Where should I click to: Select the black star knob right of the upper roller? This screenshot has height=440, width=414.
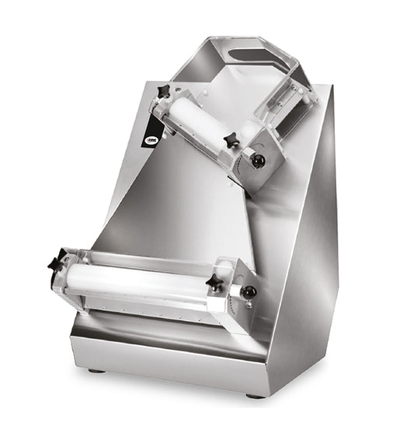pos(232,141)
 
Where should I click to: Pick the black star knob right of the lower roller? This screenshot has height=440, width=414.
pos(214,283)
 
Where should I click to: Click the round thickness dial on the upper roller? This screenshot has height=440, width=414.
pos(259,159)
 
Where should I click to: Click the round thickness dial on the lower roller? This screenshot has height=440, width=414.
pos(248,292)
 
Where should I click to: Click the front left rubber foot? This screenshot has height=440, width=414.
pos(97,370)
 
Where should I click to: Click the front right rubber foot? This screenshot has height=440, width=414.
pos(255,395)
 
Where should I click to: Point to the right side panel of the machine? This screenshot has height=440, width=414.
pos(307,257)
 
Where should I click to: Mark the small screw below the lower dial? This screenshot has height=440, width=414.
pos(249,306)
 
